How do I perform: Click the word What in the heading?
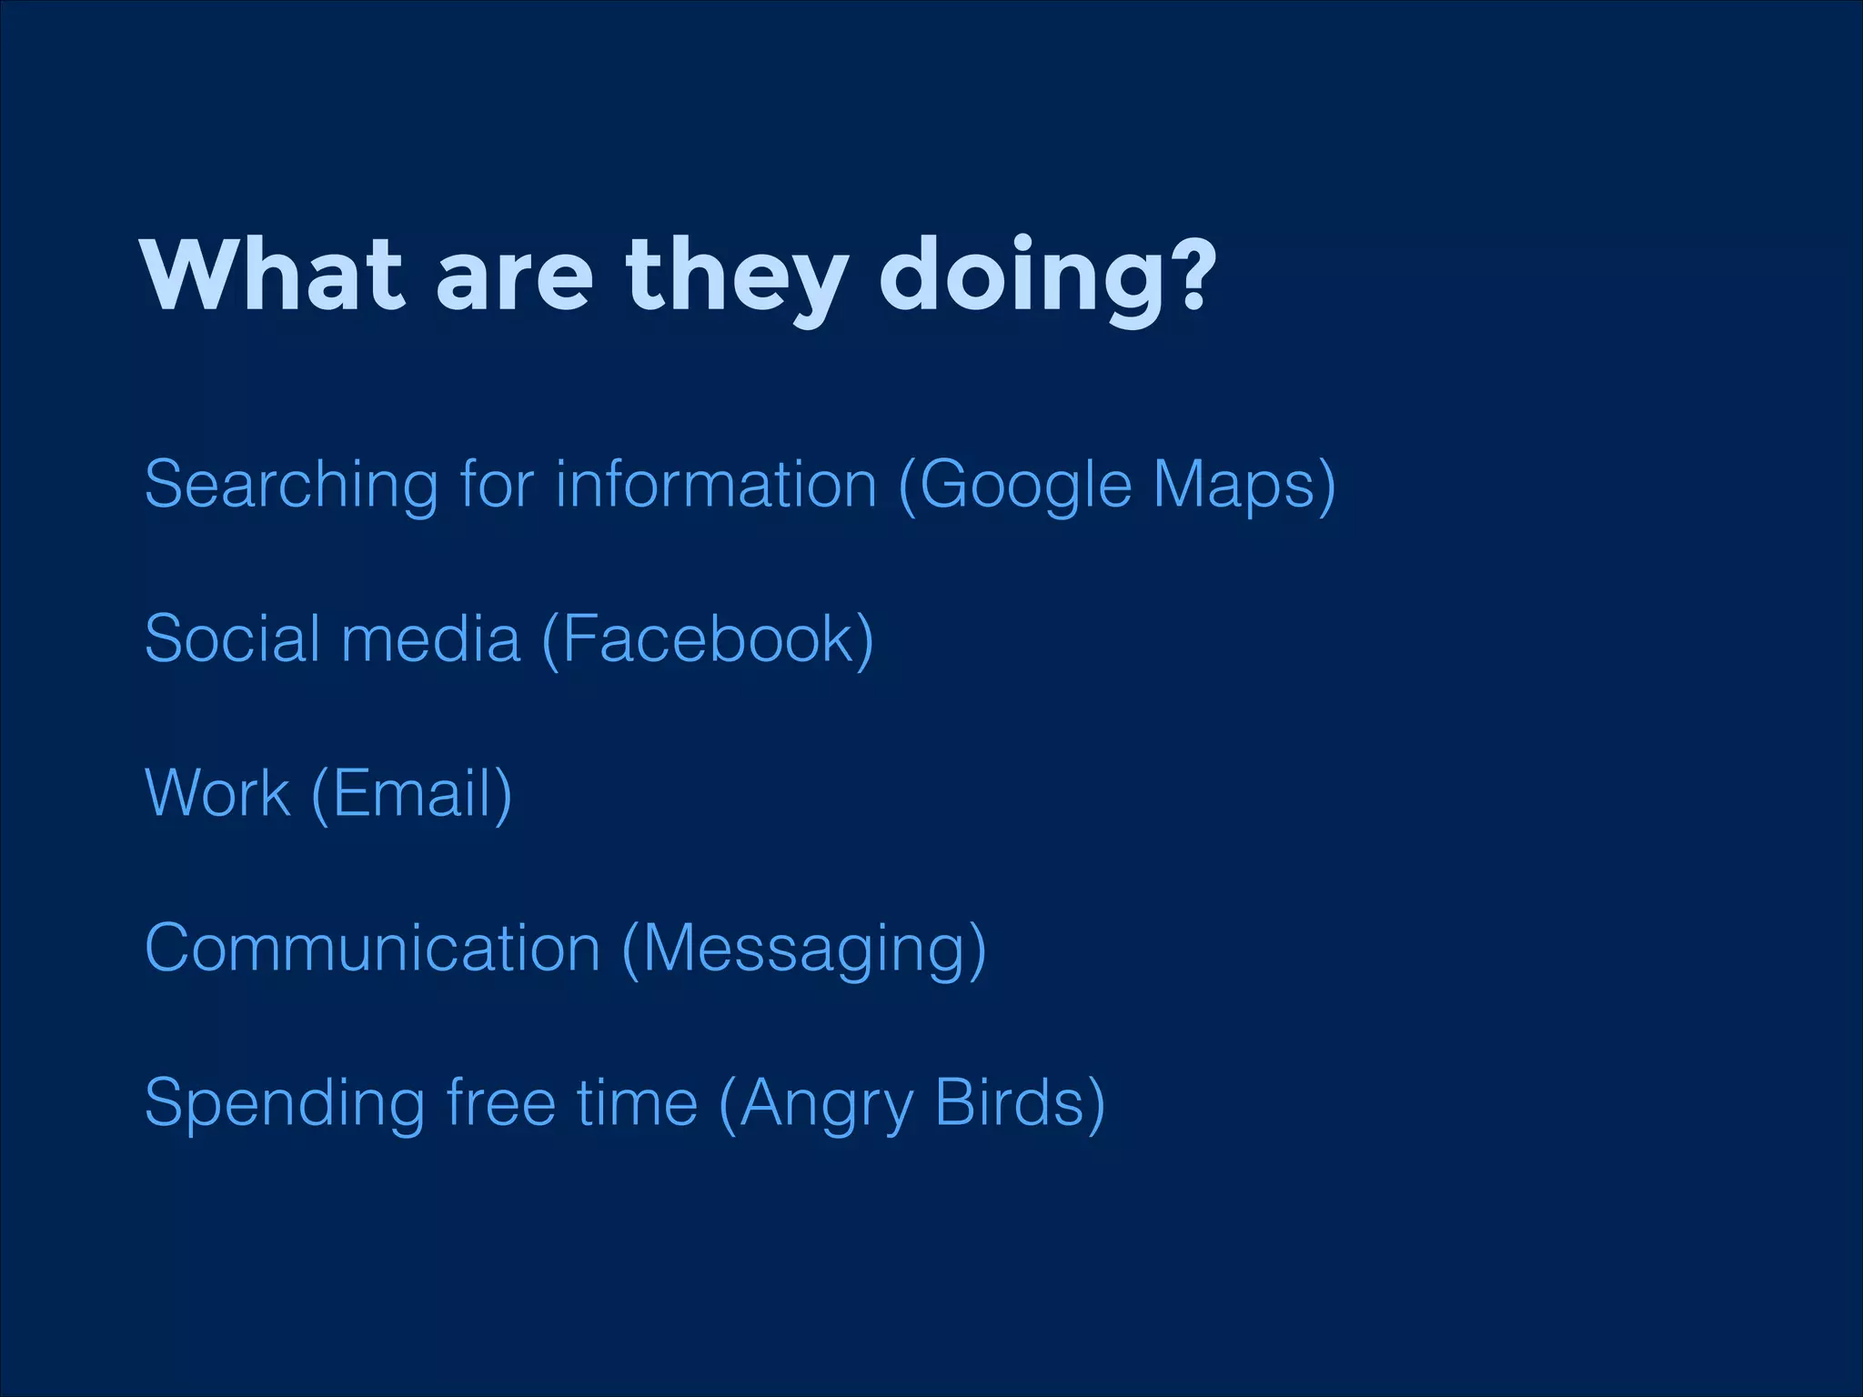pyautogui.click(x=271, y=275)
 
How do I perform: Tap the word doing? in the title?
pyautogui.click(x=1046, y=275)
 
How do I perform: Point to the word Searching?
pyautogui.click(x=291, y=486)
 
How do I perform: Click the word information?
pyautogui.click(x=716, y=484)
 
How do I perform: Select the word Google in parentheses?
pyautogui.click(x=1026, y=486)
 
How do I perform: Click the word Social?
pyautogui.click(x=231, y=638)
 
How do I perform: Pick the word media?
pyautogui.click(x=430, y=638)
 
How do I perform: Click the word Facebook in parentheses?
pyautogui.click(x=708, y=638)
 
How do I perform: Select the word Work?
pyautogui.click(x=217, y=793)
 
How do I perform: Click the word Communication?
pyautogui.click(x=372, y=948)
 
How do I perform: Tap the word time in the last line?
pyautogui.click(x=637, y=1102)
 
